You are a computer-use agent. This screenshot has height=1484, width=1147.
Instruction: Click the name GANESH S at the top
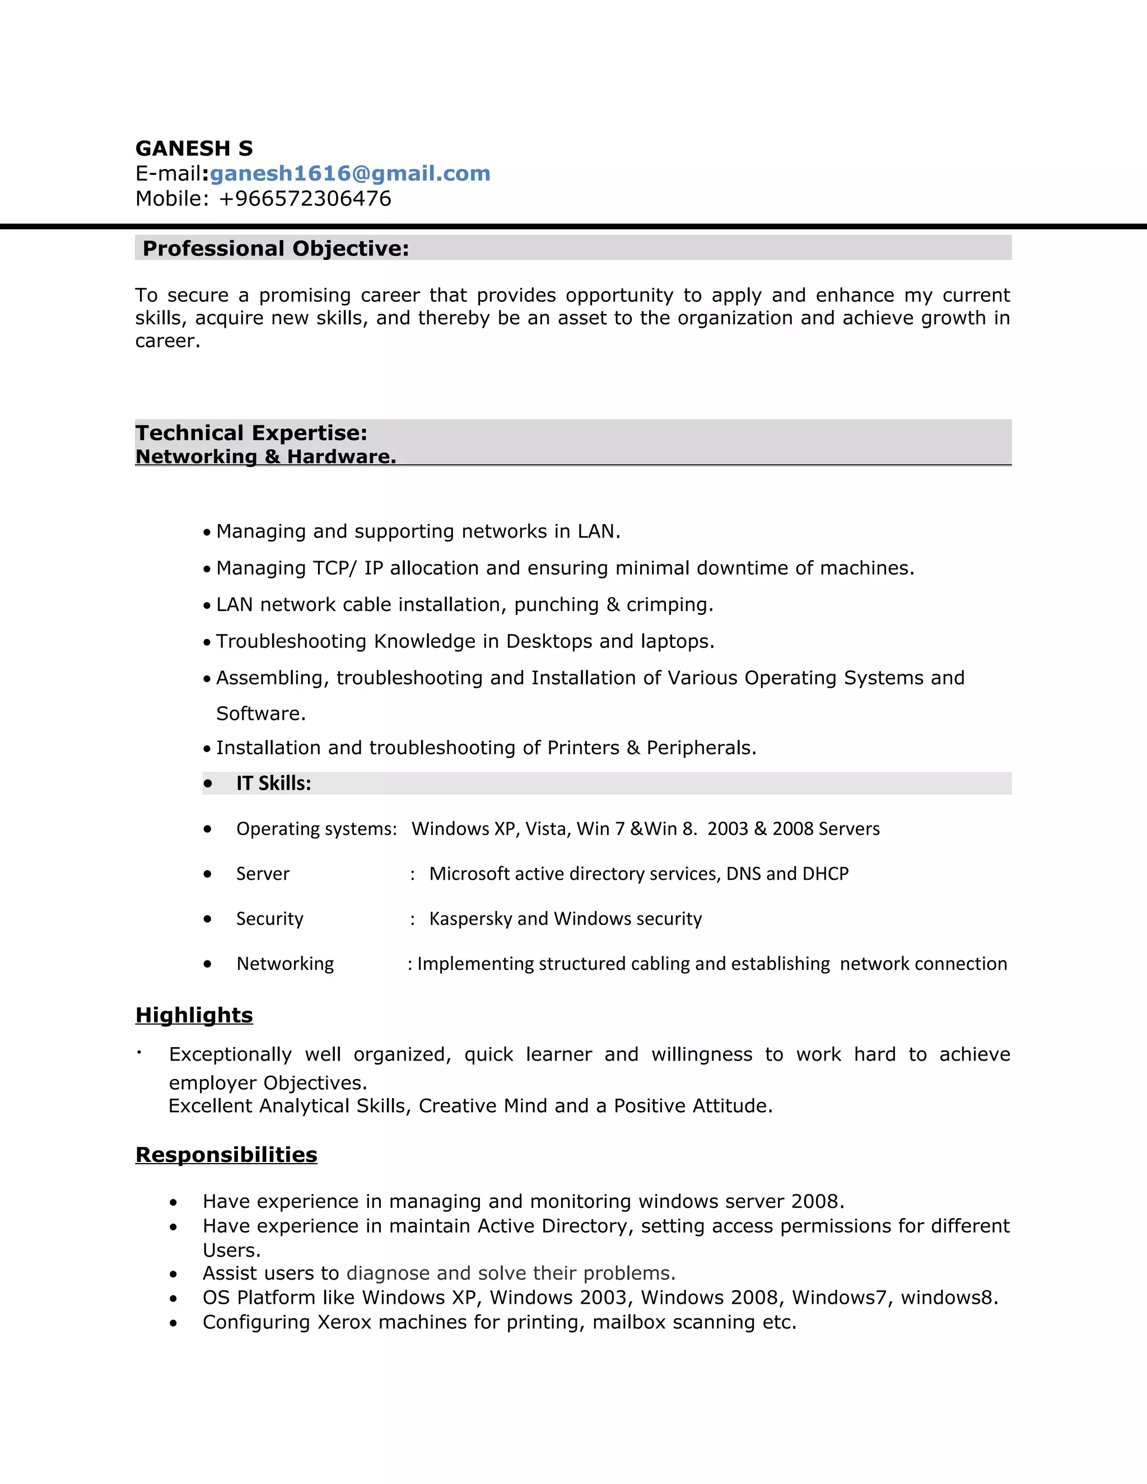(x=194, y=148)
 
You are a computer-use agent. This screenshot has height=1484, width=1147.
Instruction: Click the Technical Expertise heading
(x=251, y=433)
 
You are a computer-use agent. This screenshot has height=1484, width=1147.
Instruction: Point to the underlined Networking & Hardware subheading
(x=265, y=456)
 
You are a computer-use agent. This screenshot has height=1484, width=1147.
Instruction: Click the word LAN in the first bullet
(x=596, y=531)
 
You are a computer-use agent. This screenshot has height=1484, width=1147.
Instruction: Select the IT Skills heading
(x=273, y=783)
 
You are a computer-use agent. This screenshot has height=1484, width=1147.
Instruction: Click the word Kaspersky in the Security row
(x=470, y=918)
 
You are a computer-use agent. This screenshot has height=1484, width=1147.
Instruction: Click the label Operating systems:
(x=316, y=829)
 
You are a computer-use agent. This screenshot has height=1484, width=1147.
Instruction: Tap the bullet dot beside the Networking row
(x=207, y=964)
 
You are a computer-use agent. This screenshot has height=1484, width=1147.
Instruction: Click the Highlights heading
(x=194, y=1015)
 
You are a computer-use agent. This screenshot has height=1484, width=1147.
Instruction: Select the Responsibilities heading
(x=226, y=1155)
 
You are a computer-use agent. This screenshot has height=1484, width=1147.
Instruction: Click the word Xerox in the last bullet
(x=344, y=1322)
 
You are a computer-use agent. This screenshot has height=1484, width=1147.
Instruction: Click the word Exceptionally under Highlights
(x=230, y=1054)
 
